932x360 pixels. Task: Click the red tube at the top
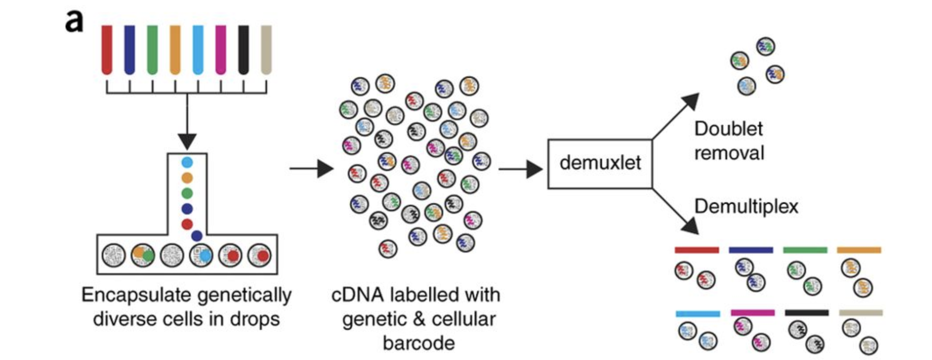tap(107, 50)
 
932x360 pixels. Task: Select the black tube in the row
tap(243, 50)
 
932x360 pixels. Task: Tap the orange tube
tap(175, 50)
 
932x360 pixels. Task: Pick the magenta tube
tap(220, 50)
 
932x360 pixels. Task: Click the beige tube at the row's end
tap(266, 50)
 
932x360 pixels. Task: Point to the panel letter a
tap(74, 21)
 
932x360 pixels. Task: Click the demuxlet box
tap(600, 164)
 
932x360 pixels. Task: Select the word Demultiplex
tap(746, 207)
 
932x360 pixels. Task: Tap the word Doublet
tap(728, 129)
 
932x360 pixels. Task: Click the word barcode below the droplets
tap(419, 343)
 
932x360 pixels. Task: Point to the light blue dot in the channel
tap(187, 162)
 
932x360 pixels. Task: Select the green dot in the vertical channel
tap(187, 193)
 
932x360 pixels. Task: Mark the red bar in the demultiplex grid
tap(697, 250)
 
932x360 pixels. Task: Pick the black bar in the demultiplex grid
tap(807, 313)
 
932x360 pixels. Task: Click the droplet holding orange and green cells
tap(143, 255)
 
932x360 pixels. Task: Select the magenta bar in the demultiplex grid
tap(752, 313)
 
